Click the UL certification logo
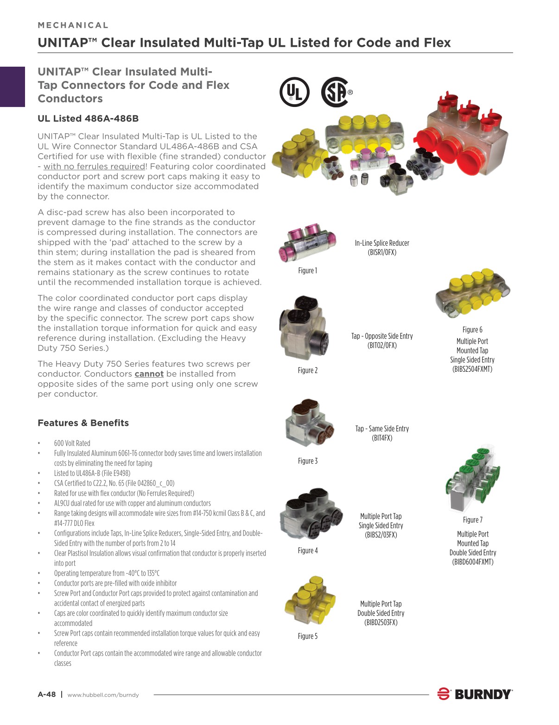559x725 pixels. tap(294, 92)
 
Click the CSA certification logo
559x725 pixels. tap(335, 92)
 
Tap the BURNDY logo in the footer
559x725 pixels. tap(475, 694)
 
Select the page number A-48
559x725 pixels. tap(47, 694)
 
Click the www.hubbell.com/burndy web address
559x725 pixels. tap(103, 695)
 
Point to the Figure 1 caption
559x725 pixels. tap(307, 271)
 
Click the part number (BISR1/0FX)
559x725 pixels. tap(382, 252)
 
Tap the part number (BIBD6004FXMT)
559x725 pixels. tap(473, 562)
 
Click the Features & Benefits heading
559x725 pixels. tap(83, 423)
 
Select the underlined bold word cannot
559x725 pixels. tap(149, 374)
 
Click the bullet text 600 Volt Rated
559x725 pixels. tap(72, 443)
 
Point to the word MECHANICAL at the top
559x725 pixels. tap(73, 25)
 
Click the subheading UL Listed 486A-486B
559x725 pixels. tap(88, 119)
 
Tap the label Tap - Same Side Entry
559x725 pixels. tap(382, 429)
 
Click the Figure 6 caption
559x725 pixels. tap(472, 330)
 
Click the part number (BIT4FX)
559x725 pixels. tap(382, 438)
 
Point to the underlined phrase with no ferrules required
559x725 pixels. tap(95, 167)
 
